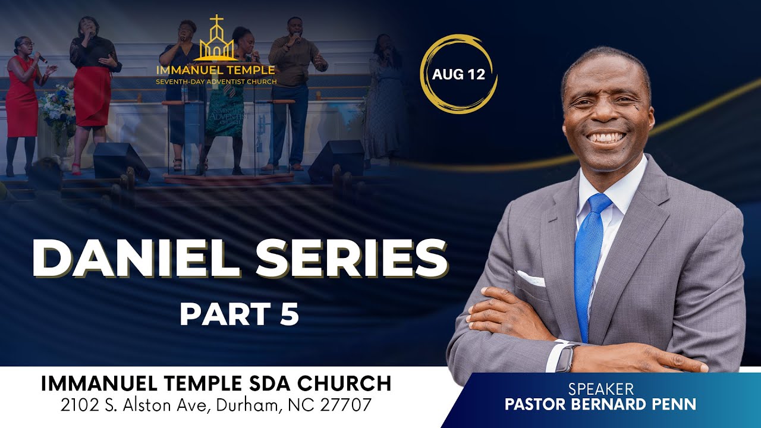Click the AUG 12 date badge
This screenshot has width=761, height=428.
[x=458, y=75]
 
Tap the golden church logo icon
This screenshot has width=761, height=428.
[x=216, y=40]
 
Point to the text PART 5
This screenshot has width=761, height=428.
[x=239, y=314]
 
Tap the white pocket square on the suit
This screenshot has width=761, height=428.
[x=531, y=278]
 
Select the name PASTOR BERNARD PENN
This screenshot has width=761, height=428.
[x=600, y=405]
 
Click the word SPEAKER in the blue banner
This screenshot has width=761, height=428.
[x=600, y=389]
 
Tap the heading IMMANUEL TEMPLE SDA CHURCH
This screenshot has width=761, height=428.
[x=216, y=383]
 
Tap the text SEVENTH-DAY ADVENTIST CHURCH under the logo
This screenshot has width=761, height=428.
[x=216, y=81]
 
